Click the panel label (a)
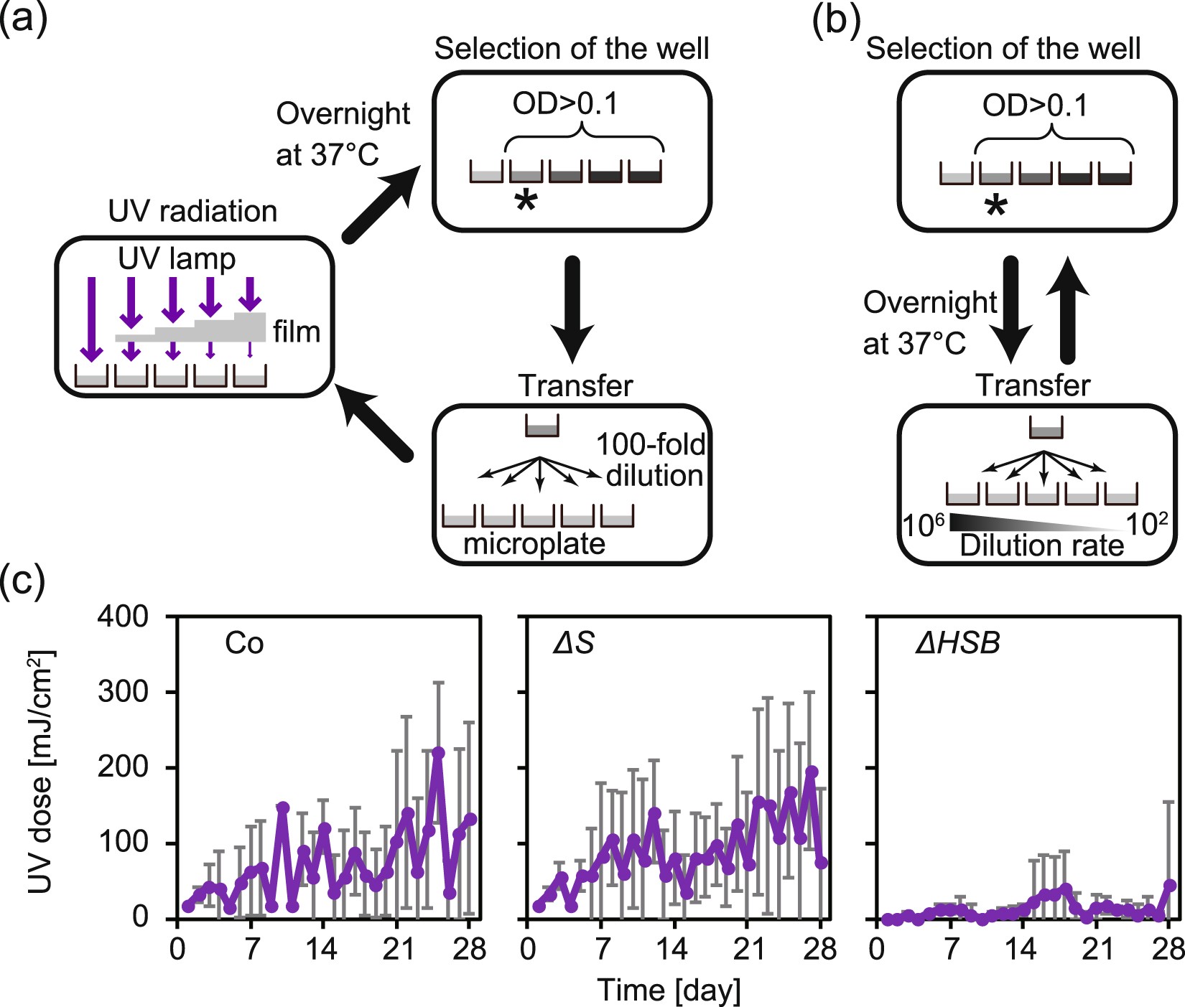point(24,17)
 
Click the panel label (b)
point(835,19)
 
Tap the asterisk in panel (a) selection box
point(526,202)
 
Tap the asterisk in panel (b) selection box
point(995,207)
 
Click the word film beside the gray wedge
point(296,332)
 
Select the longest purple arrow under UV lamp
point(91,319)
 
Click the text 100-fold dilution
point(652,460)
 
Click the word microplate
point(534,543)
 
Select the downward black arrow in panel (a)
point(572,309)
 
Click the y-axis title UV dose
point(41,772)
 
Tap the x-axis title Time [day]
point(669,990)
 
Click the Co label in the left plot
point(244,643)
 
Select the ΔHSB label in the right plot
point(958,643)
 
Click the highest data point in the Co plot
point(438,752)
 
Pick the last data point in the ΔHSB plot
point(1169,885)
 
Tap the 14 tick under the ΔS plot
point(671,950)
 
